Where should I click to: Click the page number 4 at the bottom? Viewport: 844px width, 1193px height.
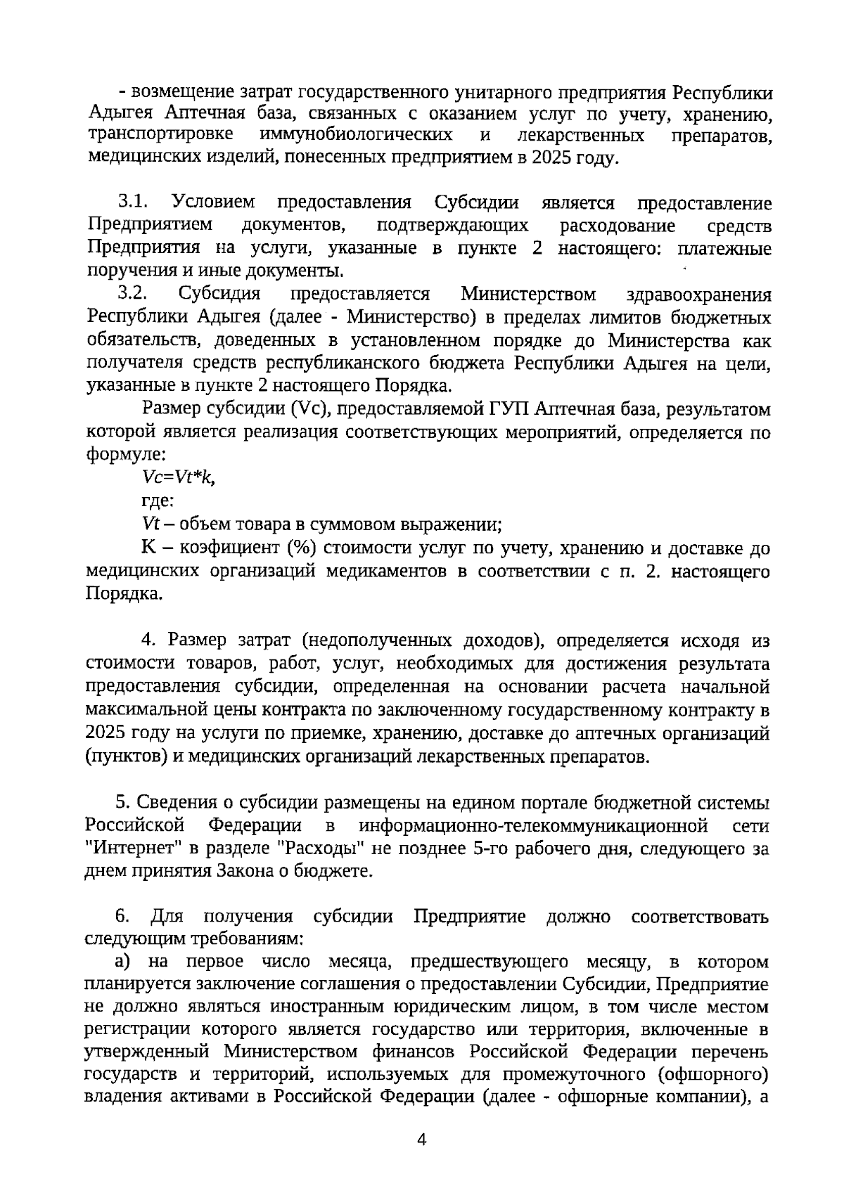coord(422,1141)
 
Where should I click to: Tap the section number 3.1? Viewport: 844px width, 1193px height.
coord(132,203)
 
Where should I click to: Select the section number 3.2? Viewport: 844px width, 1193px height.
coord(132,294)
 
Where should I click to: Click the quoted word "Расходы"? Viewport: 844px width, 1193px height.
coord(321,848)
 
